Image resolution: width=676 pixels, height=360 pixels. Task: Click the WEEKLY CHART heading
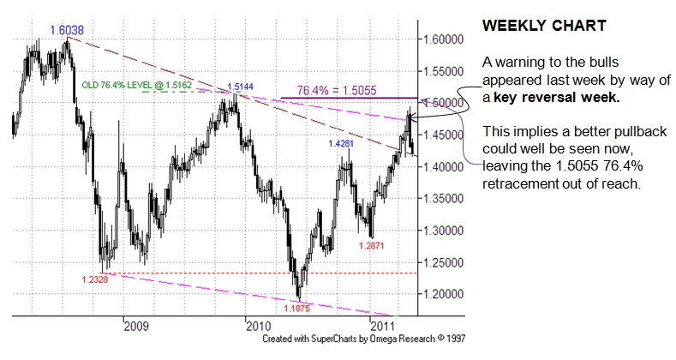click(544, 26)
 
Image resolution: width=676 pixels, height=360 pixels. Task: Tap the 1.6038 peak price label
click(67, 29)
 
